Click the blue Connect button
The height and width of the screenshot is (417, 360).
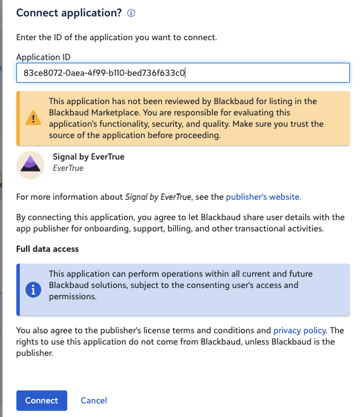tap(42, 401)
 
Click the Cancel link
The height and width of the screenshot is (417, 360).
tap(94, 401)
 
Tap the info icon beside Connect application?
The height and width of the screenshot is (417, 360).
tap(131, 13)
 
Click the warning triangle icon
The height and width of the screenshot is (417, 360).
tap(33, 118)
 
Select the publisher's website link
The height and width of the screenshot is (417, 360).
tap(263, 197)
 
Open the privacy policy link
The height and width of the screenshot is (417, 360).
tap(300, 330)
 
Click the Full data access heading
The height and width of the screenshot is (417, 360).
tap(47, 249)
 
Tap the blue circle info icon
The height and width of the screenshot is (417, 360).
tap(34, 290)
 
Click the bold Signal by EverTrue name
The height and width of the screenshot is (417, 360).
tap(88, 157)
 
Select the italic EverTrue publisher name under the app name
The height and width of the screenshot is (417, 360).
tap(68, 168)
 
